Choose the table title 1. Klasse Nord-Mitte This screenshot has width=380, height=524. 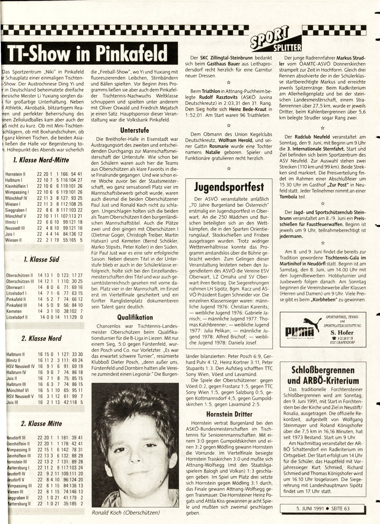pos(41,160)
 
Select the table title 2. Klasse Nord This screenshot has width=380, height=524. pos(41,338)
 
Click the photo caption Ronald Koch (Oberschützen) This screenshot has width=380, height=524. pos(126,512)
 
